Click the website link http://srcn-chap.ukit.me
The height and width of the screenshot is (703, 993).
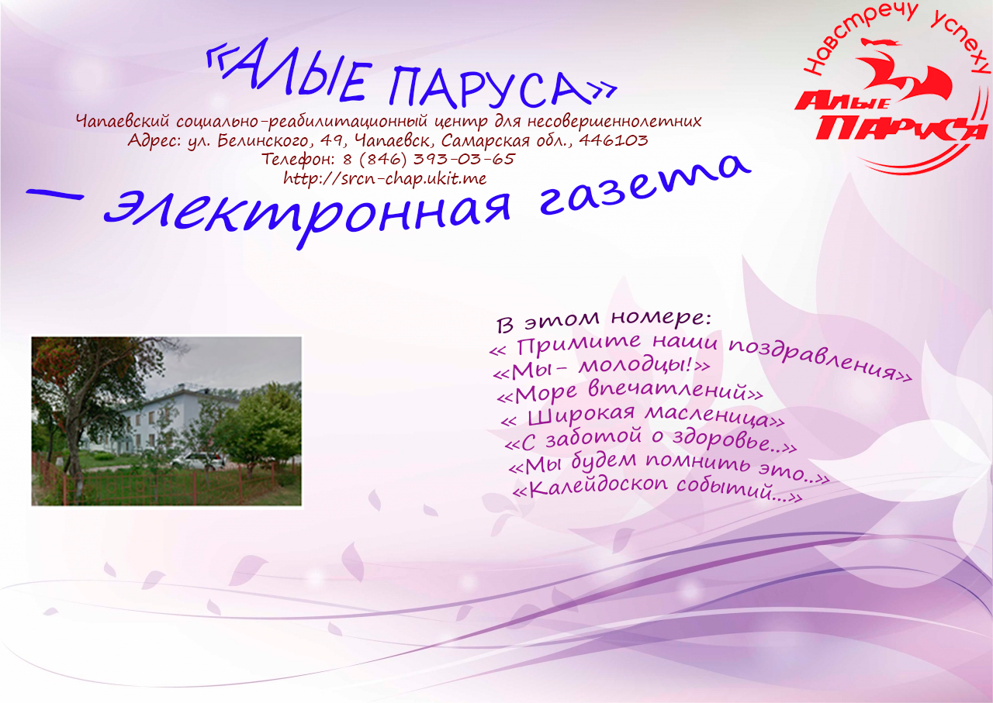tap(385, 178)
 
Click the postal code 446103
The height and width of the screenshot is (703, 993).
tap(614, 140)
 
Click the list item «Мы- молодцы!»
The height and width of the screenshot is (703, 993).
tap(601, 369)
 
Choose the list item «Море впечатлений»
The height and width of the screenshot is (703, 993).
tap(629, 392)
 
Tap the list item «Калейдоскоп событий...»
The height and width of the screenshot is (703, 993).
tap(657, 490)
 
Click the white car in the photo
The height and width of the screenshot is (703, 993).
tap(198, 460)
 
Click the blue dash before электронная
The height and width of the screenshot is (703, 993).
tap(55, 195)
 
